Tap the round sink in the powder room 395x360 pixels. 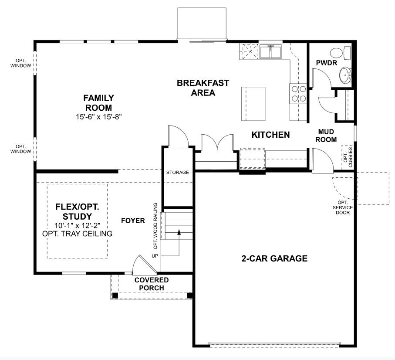pos(345,75)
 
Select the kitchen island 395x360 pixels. pos(253,104)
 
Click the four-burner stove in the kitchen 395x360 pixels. pos(298,93)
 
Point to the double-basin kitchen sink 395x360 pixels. pos(270,52)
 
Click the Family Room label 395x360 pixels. pos(99,102)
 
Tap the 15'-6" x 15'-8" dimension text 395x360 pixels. pos(99,117)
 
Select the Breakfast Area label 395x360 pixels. pos(203,88)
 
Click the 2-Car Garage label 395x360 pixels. pos(274,258)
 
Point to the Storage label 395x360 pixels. pos(178,173)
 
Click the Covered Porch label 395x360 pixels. pos(152,284)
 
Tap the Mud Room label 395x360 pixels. pos(326,136)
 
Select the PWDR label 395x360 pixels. pos(327,63)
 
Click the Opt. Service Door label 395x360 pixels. pos(343,207)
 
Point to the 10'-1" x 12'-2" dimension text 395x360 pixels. pos(78,225)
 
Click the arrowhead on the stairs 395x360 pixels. pos(179,232)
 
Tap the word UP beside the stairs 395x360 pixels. pos(155,256)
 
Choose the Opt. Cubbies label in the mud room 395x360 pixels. pos(348,157)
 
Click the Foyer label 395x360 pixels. pos(133,221)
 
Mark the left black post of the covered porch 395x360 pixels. pos(115,295)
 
